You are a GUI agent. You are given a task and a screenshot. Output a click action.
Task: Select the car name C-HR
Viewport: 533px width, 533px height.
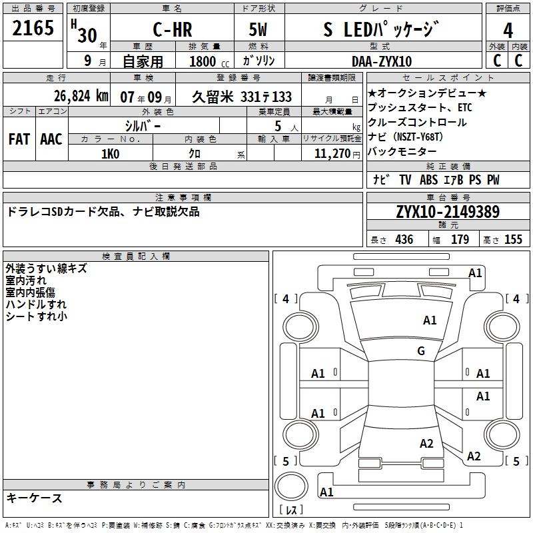pos(172,31)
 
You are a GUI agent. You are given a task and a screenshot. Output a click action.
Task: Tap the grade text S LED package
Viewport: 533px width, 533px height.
pos(372,30)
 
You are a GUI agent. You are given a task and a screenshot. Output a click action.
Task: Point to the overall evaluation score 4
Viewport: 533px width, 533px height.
pos(508,31)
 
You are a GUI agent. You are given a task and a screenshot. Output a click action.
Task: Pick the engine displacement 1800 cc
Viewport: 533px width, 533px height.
pos(205,61)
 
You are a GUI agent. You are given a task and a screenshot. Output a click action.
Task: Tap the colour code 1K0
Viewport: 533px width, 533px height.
pos(110,154)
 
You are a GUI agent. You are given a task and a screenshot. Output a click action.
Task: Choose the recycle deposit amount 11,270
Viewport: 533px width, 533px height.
pos(332,154)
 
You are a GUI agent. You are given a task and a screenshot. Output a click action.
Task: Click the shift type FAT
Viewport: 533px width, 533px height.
pos(19,139)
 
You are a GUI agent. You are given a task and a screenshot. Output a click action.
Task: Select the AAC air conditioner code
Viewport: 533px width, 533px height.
pos(51,139)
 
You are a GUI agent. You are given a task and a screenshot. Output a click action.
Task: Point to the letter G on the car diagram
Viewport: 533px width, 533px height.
pos(421,351)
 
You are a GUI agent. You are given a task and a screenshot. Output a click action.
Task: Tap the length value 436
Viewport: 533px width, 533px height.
pos(404,240)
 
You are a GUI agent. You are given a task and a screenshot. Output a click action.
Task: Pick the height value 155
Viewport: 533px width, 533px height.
pos(513,240)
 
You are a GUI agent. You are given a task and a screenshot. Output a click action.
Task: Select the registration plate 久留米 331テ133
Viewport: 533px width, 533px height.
pos(242,96)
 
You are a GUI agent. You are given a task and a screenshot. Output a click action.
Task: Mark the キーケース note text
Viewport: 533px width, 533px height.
pos(35,498)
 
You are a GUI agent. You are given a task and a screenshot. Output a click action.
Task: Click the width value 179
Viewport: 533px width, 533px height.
pos(460,240)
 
